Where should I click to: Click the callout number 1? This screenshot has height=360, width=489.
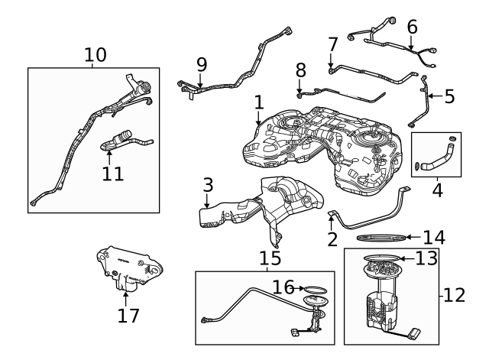pos(258,101)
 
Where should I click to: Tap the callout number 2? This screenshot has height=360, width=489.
pos(332,239)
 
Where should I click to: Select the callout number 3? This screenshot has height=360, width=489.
pos(208,185)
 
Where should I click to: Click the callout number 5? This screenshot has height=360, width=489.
pos(449,96)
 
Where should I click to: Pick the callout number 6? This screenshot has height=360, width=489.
pos(413,28)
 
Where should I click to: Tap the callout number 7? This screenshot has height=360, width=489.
pos(332,45)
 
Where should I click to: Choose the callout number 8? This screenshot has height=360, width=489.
pos(300,70)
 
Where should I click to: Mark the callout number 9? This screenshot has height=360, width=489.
pos(201,63)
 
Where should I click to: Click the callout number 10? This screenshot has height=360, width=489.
pos(96,55)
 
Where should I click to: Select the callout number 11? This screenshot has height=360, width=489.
pos(112,173)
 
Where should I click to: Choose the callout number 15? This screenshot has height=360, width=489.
pos(270,258)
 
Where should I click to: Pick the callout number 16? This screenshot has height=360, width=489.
pos(283,287)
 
